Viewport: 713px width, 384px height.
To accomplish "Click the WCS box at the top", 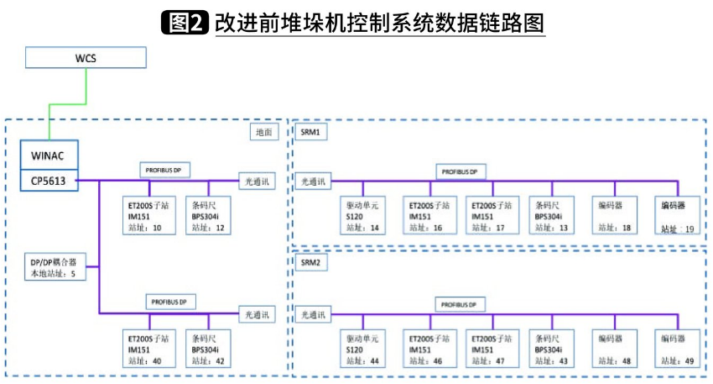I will [x=86, y=58].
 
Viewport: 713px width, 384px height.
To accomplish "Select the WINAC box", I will [x=49, y=155].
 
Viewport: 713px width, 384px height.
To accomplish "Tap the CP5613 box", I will [x=49, y=180].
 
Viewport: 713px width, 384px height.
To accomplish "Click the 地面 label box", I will [x=263, y=132].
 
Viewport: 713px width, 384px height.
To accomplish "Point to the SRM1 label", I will [x=310, y=132].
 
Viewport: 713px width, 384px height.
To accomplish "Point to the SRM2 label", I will [x=310, y=262].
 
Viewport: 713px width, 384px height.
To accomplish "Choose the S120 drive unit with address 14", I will [x=362, y=216].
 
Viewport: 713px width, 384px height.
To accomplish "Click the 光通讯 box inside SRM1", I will [x=316, y=180].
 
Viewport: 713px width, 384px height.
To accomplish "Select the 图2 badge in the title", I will [x=185, y=21].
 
